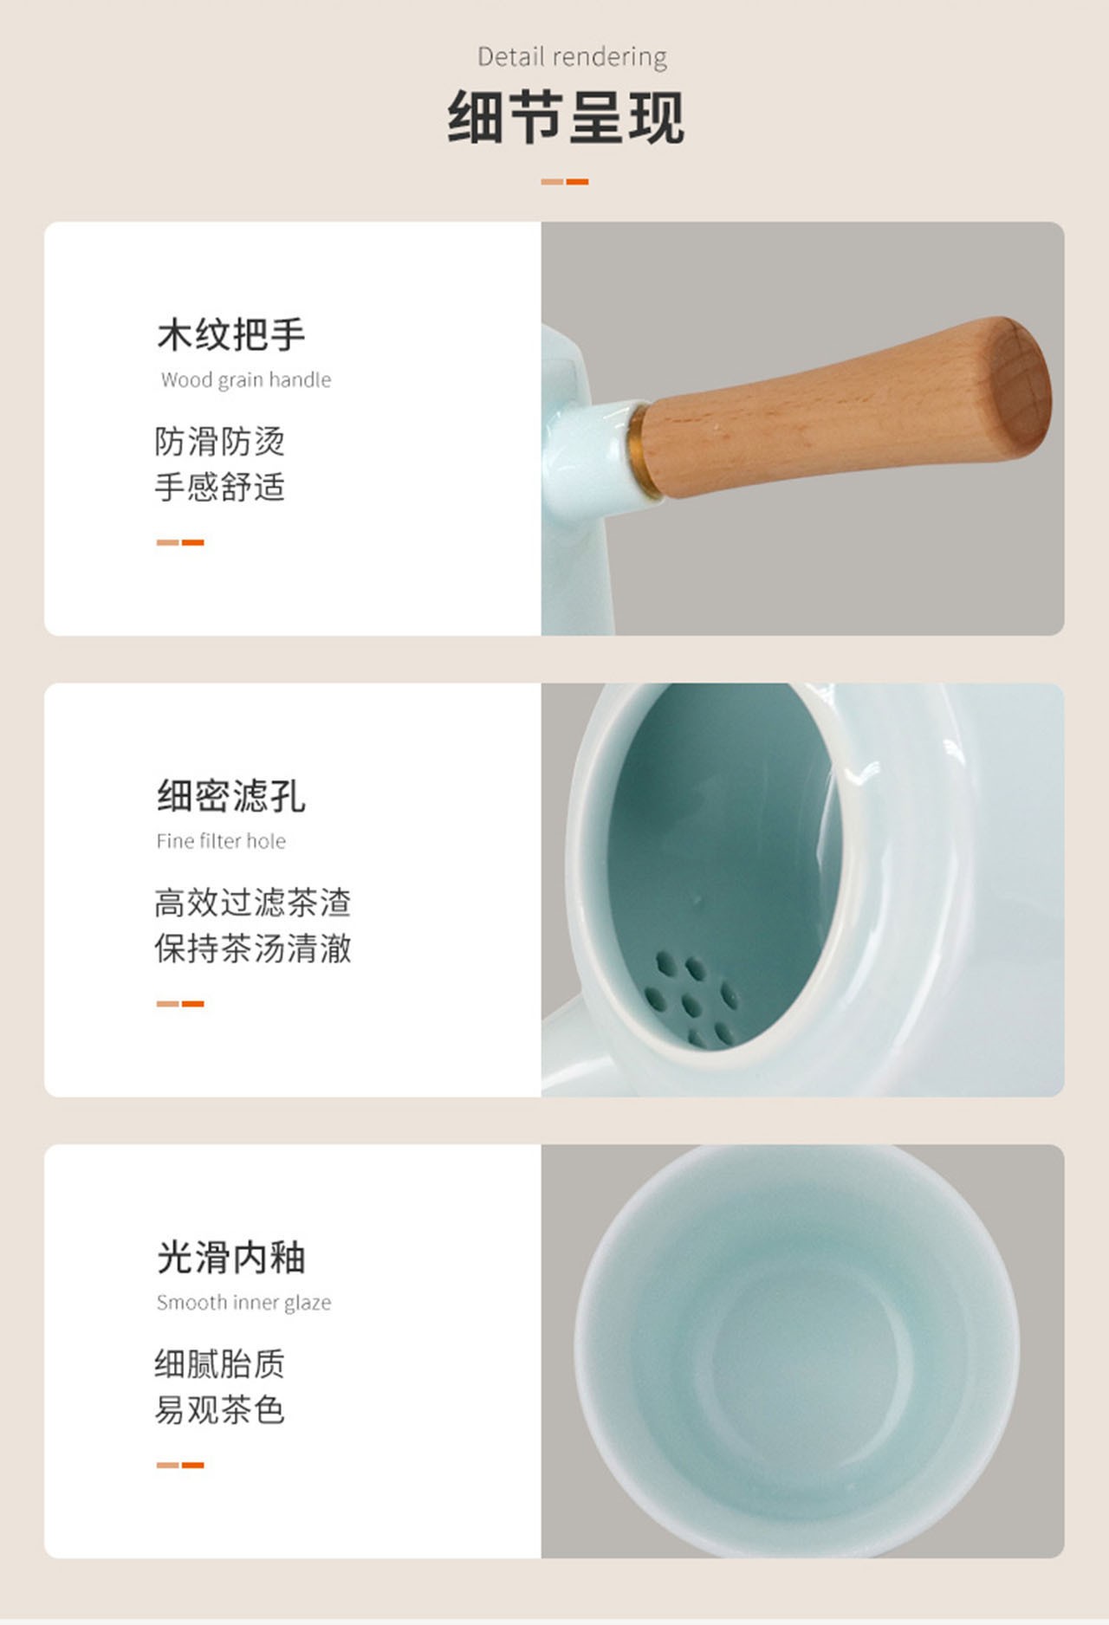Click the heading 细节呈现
pyautogui.click(x=566, y=117)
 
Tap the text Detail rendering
pyautogui.click(x=572, y=57)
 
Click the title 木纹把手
pyautogui.click(x=230, y=334)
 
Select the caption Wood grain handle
pyautogui.click(x=246, y=379)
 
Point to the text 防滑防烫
pyautogui.click(x=220, y=441)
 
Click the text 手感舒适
pyautogui.click(x=220, y=487)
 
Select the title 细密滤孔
pyautogui.click(x=230, y=796)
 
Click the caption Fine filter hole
pyautogui.click(x=221, y=841)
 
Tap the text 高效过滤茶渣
pyautogui.click(x=253, y=903)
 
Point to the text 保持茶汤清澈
pyautogui.click(x=253, y=948)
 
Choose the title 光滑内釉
pyautogui.click(x=230, y=1258)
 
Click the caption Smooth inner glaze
pyautogui.click(x=244, y=1303)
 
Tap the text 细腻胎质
pyautogui.click(x=220, y=1364)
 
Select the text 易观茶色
pyautogui.click(x=220, y=1410)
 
